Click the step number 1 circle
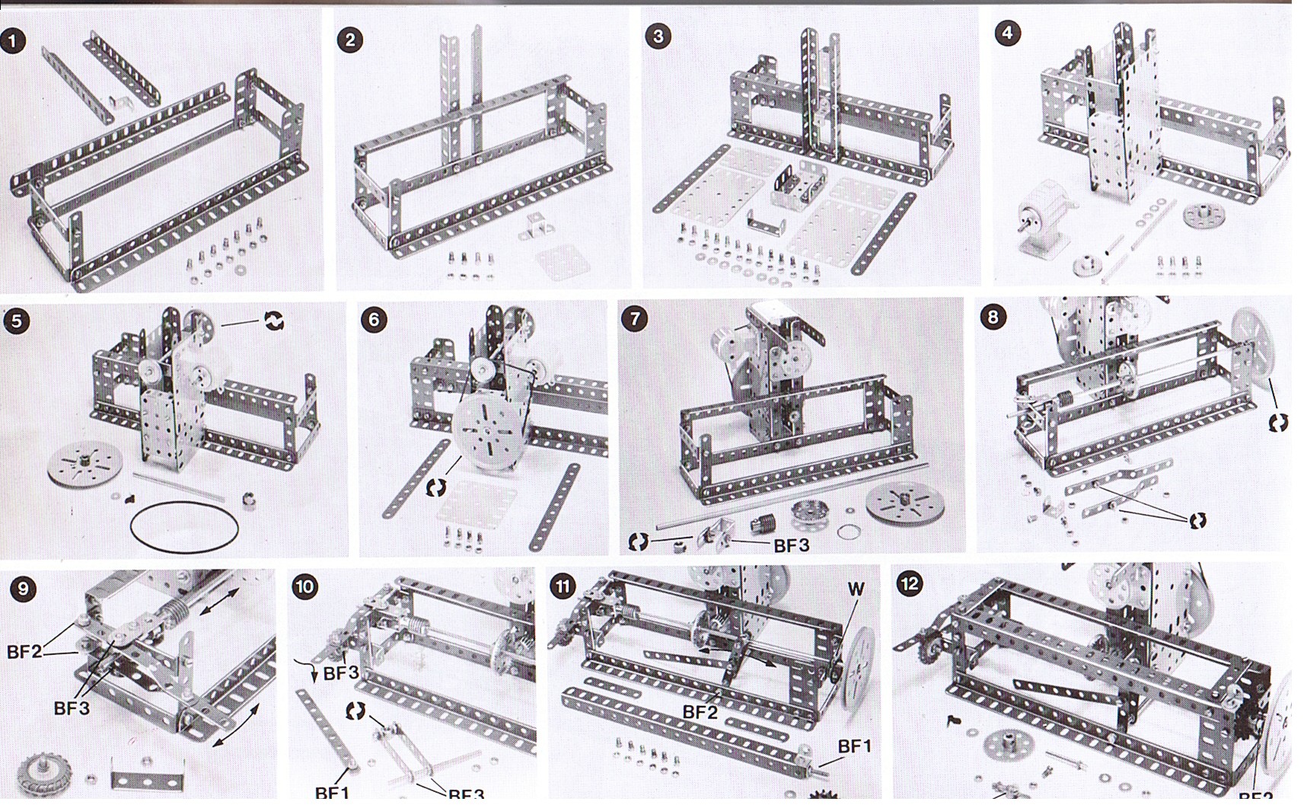click(13, 40)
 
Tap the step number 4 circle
click(1008, 33)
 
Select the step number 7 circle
click(636, 318)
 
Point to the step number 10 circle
click(305, 586)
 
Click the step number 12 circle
click(910, 584)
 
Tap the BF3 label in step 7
click(791, 545)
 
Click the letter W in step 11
click(856, 589)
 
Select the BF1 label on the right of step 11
click(854, 746)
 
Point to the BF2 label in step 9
click(24, 652)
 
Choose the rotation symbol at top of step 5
click(274, 321)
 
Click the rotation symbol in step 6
click(435, 487)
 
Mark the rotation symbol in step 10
click(355, 711)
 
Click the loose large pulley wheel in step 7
click(905, 505)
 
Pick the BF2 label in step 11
click(700, 712)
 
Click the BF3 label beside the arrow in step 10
click(340, 673)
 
